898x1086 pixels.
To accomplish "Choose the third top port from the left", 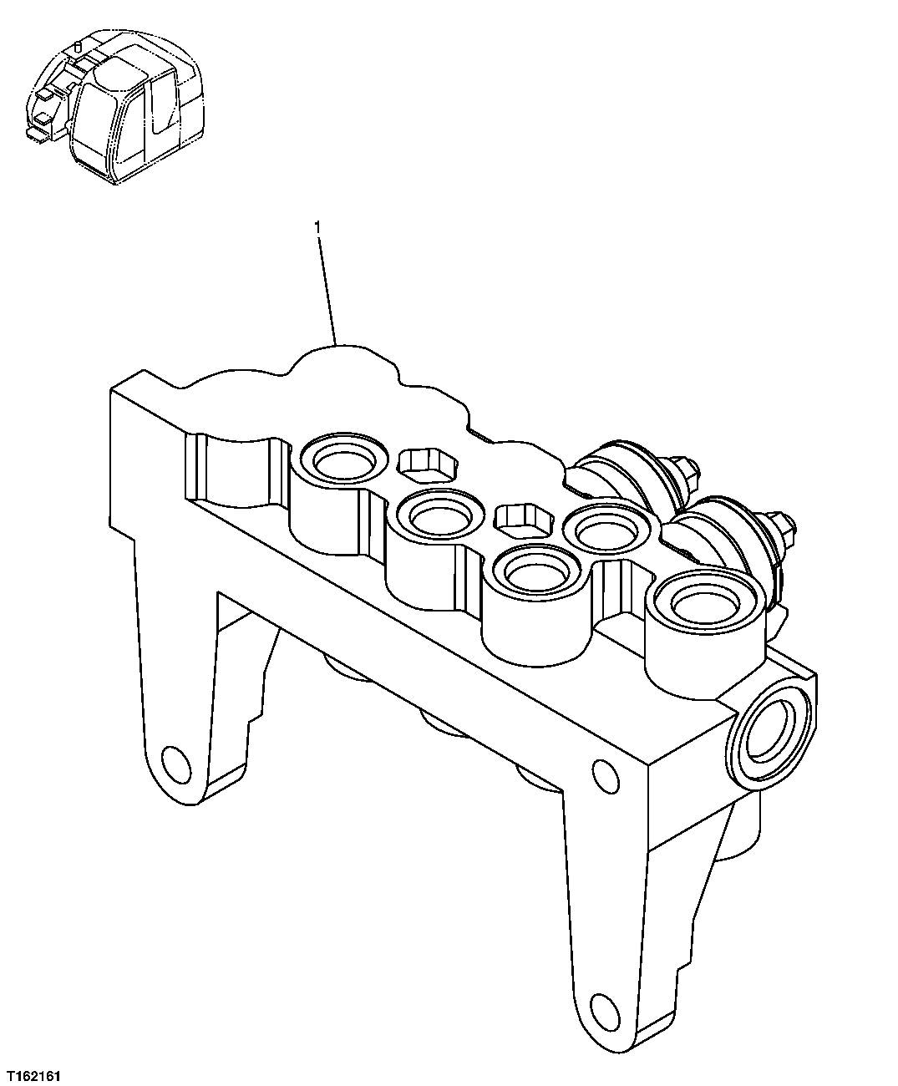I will (535, 572).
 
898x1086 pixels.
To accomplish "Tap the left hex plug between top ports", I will (428, 464).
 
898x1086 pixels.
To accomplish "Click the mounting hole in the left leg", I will (176, 763).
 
